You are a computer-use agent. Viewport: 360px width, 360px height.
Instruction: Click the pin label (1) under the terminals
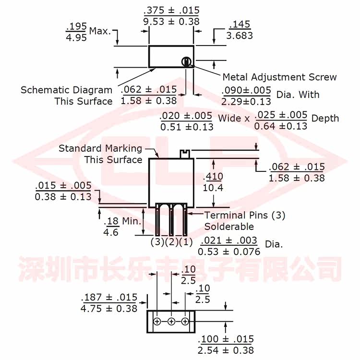click(x=186, y=242)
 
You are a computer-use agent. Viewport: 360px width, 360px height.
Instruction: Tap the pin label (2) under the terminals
click(x=171, y=242)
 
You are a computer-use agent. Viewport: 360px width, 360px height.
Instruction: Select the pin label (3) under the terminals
click(x=157, y=242)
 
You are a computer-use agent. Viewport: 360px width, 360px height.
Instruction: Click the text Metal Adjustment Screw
click(x=280, y=77)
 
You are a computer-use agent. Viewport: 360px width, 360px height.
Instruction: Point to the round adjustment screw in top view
click(x=186, y=62)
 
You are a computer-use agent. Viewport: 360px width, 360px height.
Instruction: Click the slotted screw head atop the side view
click(x=185, y=154)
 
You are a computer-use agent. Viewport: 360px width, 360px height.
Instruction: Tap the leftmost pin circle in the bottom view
click(x=157, y=322)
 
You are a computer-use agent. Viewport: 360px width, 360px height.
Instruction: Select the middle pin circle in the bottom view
click(x=171, y=322)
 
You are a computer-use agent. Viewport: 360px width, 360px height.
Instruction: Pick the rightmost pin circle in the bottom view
click(x=185, y=322)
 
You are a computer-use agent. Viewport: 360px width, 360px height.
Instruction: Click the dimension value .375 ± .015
click(x=171, y=11)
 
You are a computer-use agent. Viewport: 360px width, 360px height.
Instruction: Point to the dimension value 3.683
click(x=240, y=36)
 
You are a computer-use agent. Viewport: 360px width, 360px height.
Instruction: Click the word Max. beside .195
click(x=100, y=31)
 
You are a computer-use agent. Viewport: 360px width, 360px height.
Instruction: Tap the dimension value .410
click(x=213, y=177)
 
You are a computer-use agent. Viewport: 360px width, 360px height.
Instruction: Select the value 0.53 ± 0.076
click(x=229, y=252)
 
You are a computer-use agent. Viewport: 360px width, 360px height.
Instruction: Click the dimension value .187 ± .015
click(x=109, y=297)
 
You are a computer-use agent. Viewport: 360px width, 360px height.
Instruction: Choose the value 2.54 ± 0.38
click(x=226, y=350)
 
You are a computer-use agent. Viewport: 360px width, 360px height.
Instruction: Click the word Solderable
click(x=229, y=227)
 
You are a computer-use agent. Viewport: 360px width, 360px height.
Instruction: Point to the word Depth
click(x=325, y=119)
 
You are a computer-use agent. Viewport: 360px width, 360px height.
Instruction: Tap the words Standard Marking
click(x=100, y=148)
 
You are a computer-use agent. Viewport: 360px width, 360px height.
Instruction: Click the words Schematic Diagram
click(x=67, y=90)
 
